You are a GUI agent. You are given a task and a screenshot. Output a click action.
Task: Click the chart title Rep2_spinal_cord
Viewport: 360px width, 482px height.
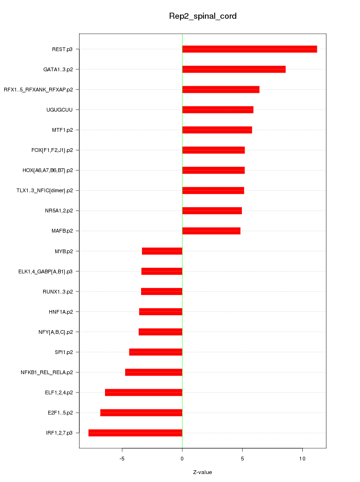[202, 16]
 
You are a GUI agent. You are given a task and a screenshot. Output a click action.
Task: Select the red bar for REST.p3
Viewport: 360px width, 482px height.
[249, 49]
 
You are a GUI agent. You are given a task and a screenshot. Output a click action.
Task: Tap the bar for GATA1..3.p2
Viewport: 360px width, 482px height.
[233, 69]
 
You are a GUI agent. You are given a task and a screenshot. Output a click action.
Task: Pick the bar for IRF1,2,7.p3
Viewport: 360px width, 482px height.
[135, 433]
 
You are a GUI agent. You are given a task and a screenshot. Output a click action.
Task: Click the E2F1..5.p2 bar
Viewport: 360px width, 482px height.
[141, 413]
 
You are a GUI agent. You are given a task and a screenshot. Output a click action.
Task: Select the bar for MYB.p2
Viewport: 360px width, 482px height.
[162, 251]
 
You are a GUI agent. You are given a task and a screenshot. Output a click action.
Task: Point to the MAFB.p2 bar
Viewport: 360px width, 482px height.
[211, 231]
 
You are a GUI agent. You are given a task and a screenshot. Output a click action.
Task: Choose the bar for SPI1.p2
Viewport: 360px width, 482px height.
[156, 352]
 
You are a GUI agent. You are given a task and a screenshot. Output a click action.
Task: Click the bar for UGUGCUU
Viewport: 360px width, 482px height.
[217, 110]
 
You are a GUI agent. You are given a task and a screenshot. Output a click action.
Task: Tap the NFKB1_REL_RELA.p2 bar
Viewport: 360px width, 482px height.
[153, 372]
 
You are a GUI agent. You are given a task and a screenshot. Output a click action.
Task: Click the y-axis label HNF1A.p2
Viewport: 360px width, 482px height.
[60, 312]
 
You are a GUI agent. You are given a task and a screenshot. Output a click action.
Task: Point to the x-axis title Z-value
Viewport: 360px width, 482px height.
[202, 472]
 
